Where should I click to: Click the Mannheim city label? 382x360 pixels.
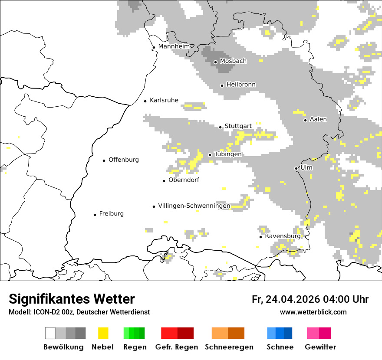point(174,46)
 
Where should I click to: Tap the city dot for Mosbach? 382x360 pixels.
point(215,62)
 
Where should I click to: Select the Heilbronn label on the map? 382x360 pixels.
point(241,85)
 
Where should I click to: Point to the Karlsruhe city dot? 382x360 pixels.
point(145,101)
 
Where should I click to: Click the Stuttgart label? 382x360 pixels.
point(238,126)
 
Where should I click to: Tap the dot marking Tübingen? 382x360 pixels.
point(210,155)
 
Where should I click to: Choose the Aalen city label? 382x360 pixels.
point(318,119)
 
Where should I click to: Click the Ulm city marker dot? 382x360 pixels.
point(296,168)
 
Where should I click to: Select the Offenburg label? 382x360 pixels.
point(124,160)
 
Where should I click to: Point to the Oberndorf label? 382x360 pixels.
point(184,180)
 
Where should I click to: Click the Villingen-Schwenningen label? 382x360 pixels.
point(194,206)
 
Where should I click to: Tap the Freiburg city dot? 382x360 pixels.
point(95,215)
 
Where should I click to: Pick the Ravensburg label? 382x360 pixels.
point(283,236)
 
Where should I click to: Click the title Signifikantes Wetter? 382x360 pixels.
point(72,299)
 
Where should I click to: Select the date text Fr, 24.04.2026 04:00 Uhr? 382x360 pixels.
point(310,299)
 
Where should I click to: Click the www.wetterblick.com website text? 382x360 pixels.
point(313,312)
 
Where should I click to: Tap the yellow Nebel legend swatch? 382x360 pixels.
point(103,333)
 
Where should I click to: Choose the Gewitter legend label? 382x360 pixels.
point(320,347)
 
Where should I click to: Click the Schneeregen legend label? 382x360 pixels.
point(229,347)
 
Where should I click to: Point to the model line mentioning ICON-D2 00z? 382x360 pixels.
point(79,312)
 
